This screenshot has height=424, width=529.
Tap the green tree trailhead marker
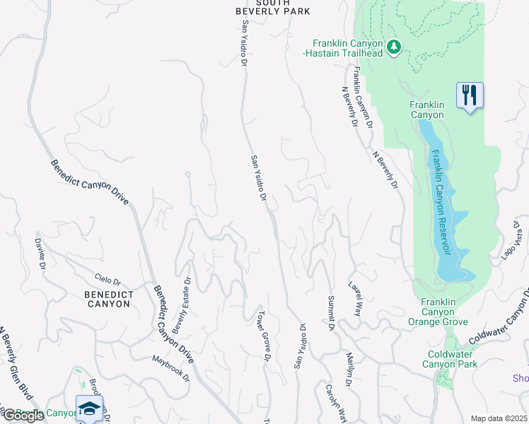pos(394,47)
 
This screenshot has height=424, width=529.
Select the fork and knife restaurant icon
pos(470,94)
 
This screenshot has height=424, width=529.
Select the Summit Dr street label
pos(329,314)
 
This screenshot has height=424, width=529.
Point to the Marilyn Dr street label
pos(348,370)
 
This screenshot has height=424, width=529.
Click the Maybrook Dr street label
pos(171,367)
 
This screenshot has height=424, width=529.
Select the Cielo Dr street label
pos(107,281)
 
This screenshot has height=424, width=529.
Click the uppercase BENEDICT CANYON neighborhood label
pos(107,299)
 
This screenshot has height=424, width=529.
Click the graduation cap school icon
pos(90,408)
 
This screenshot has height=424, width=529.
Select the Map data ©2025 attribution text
pos(498,418)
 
